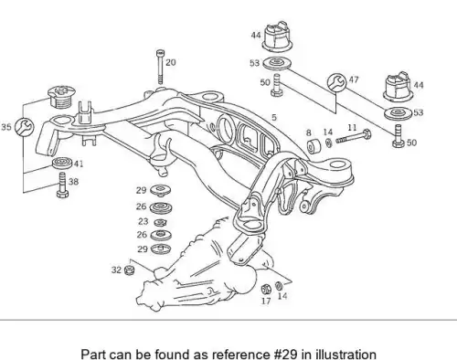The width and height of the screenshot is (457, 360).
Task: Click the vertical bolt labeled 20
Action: pyautogui.click(x=160, y=67)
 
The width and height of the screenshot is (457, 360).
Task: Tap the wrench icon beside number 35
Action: pyautogui.click(x=25, y=127)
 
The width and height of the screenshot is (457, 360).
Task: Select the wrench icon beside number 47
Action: pyautogui.click(x=336, y=82)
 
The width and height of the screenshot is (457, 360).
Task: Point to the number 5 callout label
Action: pyautogui.click(x=274, y=117)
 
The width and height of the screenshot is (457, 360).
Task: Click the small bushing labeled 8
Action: pyautogui.click(x=314, y=146)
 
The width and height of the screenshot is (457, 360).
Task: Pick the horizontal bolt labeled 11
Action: pyautogui.click(x=354, y=137)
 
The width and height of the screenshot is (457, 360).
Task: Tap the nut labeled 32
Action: pyautogui.click(x=130, y=270)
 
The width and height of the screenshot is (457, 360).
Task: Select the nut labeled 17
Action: pyautogui.click(x=266, y=289)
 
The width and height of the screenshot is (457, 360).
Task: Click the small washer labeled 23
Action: pyautogui.click(x=160, y=223)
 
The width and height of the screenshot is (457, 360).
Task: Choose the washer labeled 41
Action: pyautogui.click(x=62, y=163)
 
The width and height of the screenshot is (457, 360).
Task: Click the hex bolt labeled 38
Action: pyautogui.click(x=62, y=185)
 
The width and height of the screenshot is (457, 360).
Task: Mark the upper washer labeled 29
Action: pyautogui.click(x=161, y=191)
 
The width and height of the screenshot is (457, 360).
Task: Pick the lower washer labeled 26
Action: pyautogui.click(x=161, y=235)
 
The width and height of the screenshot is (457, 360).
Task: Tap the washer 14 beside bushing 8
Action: pyautogui.click(x=329, y=143)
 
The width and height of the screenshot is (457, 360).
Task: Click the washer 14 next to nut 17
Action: pyautogui.click(x=279, y=286)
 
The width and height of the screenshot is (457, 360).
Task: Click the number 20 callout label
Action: pyautogui.click(x=171, y=62)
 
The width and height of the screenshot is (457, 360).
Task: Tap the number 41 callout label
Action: pyautogui.click(x=79, y=164)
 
